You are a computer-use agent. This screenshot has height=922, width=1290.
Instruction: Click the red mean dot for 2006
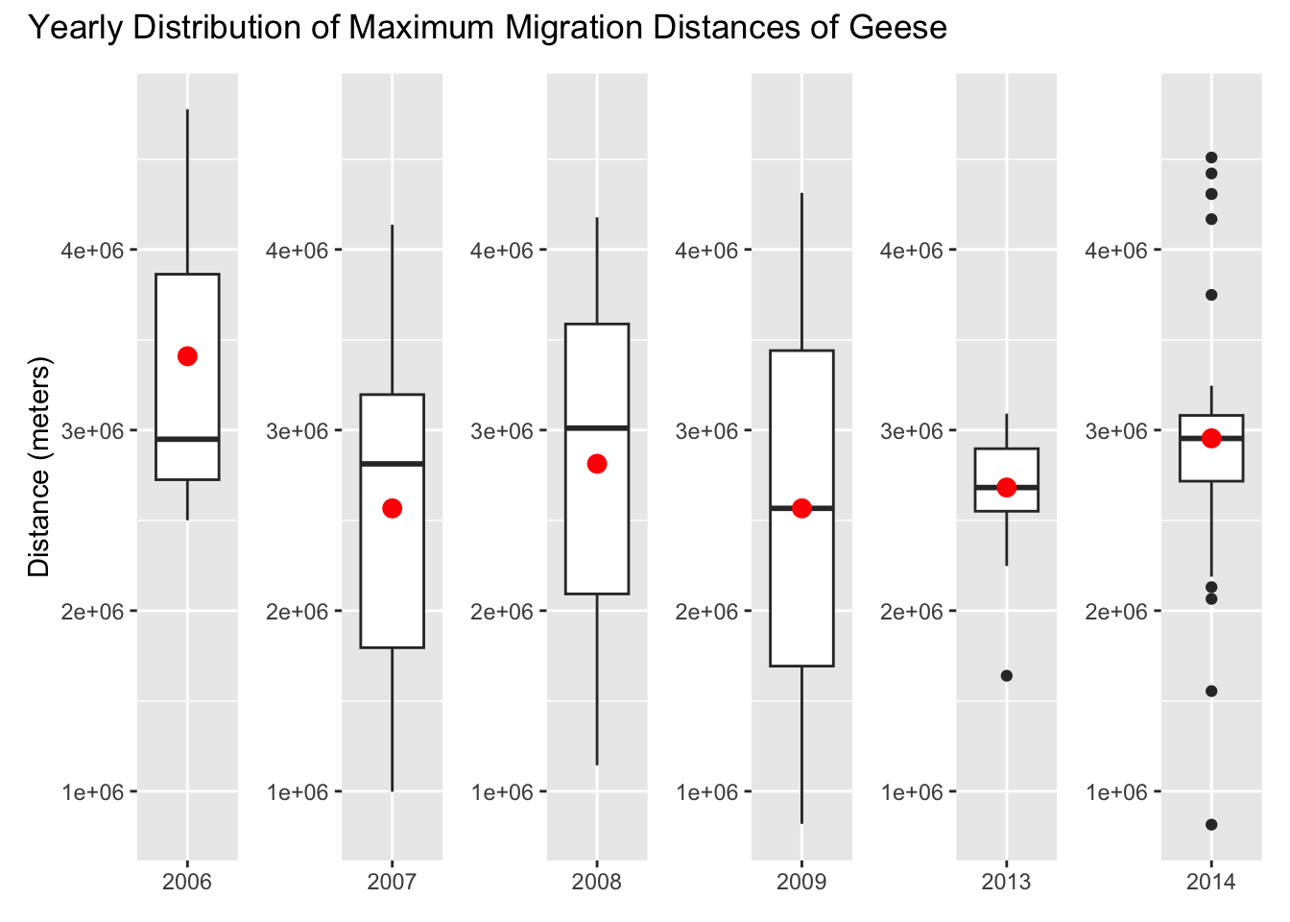187,356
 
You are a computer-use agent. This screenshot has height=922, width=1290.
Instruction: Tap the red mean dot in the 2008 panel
597,464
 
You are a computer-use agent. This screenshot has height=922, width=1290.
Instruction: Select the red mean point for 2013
1006,487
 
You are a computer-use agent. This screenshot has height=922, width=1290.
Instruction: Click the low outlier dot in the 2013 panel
1006,675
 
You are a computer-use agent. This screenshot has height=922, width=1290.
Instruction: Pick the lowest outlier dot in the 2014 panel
1211,824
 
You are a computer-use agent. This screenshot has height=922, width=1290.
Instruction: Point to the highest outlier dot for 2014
1211,158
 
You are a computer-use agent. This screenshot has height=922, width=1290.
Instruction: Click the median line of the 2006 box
187,439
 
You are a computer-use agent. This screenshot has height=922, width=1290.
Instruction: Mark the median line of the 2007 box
392,464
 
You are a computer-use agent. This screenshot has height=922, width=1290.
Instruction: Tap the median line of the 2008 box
597,427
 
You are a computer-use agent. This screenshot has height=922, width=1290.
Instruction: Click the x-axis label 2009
801,882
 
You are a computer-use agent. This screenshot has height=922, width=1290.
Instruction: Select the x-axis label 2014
1211,882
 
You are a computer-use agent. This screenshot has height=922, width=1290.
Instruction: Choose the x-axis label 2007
392,882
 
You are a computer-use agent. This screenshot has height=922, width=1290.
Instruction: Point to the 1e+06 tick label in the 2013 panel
913,792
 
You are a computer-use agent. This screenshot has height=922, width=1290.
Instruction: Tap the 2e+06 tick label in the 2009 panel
707,612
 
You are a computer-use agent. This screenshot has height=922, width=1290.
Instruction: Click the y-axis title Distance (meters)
39,467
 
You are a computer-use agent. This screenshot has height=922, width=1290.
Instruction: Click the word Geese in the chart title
897,28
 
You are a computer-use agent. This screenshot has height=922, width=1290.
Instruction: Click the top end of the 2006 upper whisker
187,110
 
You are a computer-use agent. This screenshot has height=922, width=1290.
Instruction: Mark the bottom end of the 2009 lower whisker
801,823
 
